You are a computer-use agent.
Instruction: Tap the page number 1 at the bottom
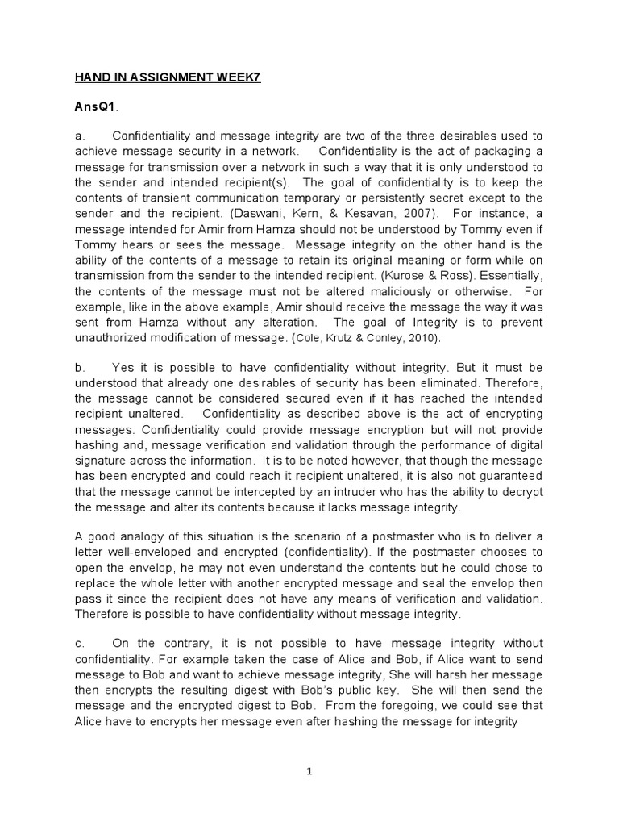click(x=309, y=771)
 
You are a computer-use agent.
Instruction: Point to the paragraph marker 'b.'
click(x=80, y=366)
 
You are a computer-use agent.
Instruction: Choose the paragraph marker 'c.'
click(x=80, y=643)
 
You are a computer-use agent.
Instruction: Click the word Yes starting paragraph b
click(x=123, y=366)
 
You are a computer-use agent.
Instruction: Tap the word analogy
click(x=143, y=536)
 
